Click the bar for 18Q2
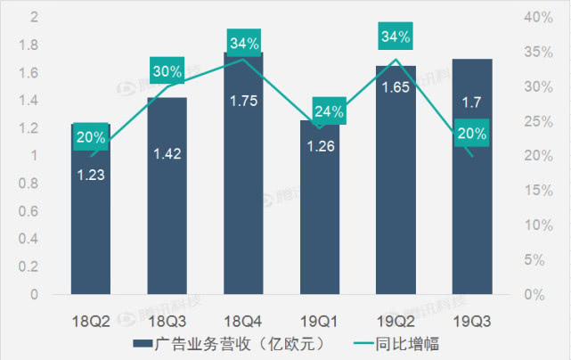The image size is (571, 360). (90, 223)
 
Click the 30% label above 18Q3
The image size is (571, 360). (167, 70)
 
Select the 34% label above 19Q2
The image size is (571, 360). (396, 37)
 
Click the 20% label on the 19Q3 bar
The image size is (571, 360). (472, 135)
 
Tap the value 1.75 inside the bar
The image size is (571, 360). (243, 101)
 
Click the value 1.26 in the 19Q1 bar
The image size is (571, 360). (319, 146)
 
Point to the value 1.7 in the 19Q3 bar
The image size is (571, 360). (472, 104)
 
